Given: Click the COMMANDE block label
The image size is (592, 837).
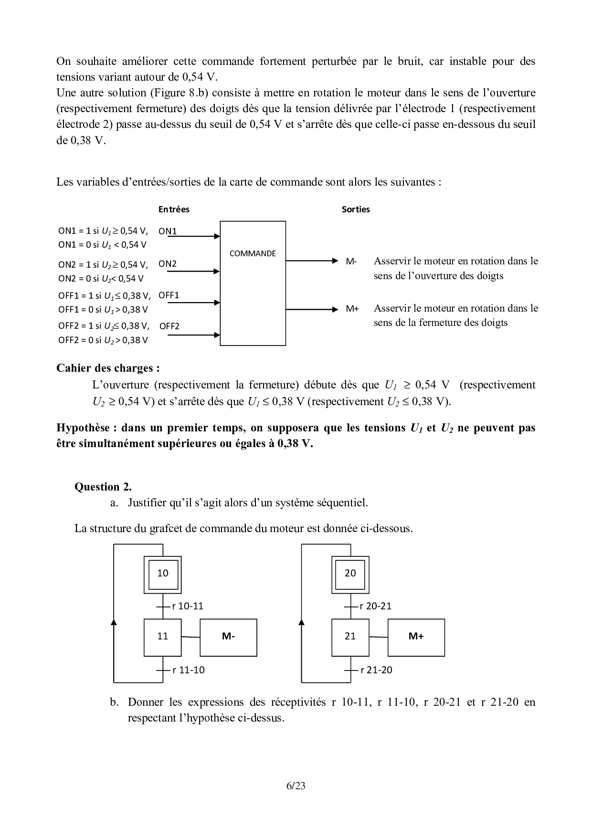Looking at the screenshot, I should click(253, 253).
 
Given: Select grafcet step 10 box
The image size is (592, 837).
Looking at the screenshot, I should click(163, 573).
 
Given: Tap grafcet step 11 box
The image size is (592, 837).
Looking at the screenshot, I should click(163, 637).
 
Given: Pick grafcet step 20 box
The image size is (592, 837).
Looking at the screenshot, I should click(350, 573).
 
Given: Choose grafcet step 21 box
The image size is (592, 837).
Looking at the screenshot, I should click(350, 637).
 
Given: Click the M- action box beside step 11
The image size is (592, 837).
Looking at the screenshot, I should click(228, 637).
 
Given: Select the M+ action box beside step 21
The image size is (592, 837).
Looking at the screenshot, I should click(416, 637).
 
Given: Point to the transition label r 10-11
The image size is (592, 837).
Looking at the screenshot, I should click(188, 606).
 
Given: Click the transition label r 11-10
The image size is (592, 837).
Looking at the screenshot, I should click(189, 670).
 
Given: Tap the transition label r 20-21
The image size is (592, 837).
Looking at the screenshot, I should click(376, 606).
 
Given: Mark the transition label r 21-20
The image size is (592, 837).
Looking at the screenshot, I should click(376, 670).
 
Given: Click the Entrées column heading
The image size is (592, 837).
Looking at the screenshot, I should click(174, 209).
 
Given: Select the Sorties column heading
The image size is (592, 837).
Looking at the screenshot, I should click(356, 209).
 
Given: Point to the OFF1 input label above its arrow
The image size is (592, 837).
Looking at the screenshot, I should click(169, 295).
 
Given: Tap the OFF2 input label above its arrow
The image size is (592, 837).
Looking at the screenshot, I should click(169, 326).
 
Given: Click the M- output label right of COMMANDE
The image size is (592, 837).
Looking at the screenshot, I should click(351, 261).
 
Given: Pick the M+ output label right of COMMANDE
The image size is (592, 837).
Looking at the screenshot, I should click(352, 308).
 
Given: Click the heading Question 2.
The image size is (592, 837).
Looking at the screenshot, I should click(103, 487).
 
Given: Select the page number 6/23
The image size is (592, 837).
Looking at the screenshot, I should click(296, 785).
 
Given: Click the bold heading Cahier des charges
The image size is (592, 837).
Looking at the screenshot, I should click(108, 368).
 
